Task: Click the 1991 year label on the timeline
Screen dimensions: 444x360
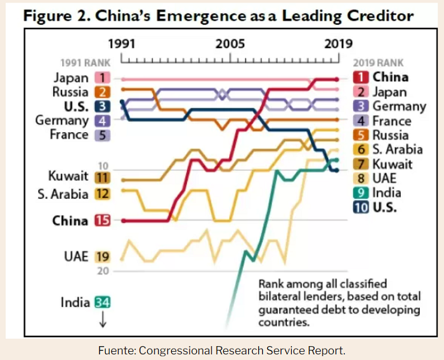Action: point(122,44)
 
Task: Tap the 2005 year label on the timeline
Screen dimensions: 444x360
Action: point(230,44)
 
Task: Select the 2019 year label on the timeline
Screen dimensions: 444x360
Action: point(338,44)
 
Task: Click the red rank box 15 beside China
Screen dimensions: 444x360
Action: point(103,220)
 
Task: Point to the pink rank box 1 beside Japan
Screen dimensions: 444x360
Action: point(103,77)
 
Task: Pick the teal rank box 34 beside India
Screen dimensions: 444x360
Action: point(103,302)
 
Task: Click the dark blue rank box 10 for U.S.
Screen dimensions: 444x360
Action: point(361,208)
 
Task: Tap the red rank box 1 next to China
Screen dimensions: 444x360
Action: point(361,77)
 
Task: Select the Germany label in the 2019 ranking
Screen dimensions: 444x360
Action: point(399,107)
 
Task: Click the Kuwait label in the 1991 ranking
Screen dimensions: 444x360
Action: point(68,176)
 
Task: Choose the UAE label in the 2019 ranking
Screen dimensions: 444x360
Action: point(384,178)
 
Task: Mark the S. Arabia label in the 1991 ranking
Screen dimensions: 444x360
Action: point(63,194)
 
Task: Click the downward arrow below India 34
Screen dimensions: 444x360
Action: point(103,319)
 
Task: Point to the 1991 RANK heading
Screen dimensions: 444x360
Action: point(85,63)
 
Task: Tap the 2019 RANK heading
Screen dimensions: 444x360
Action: point(378,63)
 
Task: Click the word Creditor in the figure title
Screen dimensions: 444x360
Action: point(381,16)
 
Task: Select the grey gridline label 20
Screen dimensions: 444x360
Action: point(103,271)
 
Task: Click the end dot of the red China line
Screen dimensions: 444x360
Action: point(336,79)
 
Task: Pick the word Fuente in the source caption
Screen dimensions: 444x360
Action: point(117,350)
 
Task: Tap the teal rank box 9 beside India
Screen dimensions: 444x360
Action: point(361,193)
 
